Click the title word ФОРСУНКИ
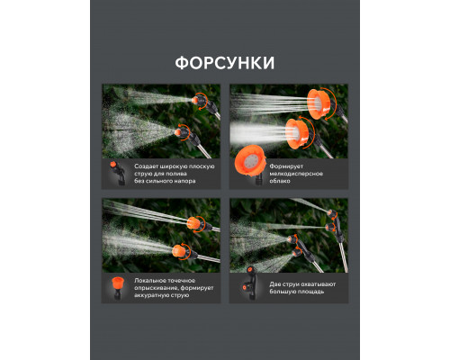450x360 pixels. pyautogui.click(x=225, y=63)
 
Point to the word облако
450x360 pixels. pyautogui.click(x=280, y=181)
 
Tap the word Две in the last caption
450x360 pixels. pyautogui.click(x=274, y=284)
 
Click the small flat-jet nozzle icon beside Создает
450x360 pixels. pyautogui.click(x=117, y=173)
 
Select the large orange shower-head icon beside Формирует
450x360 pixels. pyautogui.click(x=251, y=162)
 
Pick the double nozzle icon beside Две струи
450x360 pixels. pyautogui.click(x=248, y=283)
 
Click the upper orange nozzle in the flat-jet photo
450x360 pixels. pyautogui.click(x=199, y=100)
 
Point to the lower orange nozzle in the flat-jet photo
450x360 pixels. pyautogui.click(x=183, y=132)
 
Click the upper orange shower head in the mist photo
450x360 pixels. pyautogui.click(x=319, y=103)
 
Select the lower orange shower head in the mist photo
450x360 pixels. pyautogui.click(x=297, y=133)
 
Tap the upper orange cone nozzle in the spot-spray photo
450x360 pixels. pyautogui.click(x=194, y=224)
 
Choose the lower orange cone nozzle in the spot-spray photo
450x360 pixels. pyautogui.click(x=179, y=251)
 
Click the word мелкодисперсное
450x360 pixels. pyautogui.click(x=296, y=174)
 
